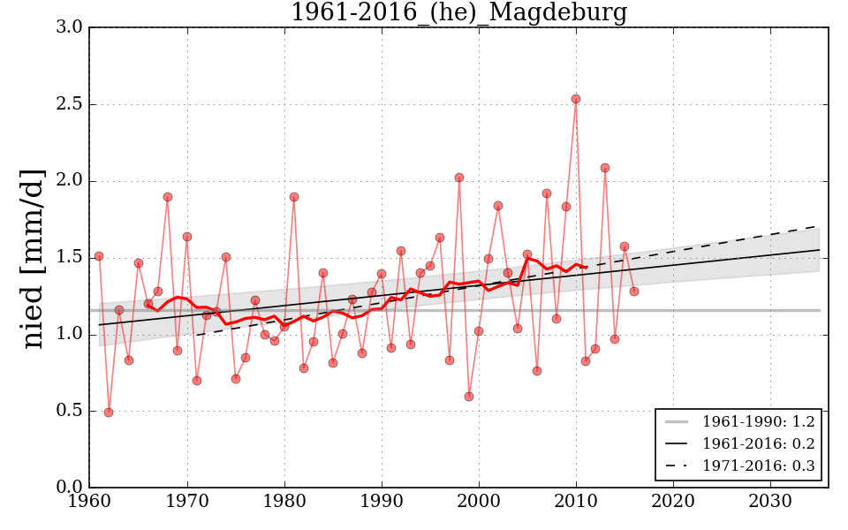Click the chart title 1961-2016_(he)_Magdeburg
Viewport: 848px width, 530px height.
click(x=458, y=13)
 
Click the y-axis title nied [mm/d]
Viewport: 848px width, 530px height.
click(x=34, y=258)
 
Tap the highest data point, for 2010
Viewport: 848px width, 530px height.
click(x=576, y=99)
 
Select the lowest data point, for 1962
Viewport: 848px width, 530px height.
click(x=109, y=413)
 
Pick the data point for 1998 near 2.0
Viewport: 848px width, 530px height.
click(x=459, y=178)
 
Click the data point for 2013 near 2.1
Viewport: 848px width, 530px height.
click(x=605, y=168)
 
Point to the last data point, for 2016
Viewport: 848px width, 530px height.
click(x=634, y=291)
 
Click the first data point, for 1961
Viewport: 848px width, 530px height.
click(x=99, y=256)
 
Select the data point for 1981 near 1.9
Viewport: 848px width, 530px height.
click(x=294, y=197)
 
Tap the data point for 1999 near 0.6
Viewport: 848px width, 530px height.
click(x=469, y=397)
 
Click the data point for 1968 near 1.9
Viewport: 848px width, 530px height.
click(x=168, y=197)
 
